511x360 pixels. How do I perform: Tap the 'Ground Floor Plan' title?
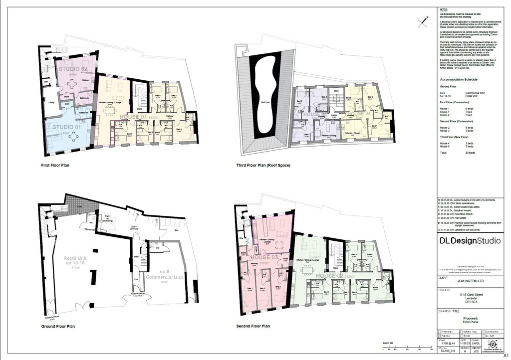coord(58,327)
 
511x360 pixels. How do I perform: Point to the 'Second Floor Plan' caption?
coord(253,326)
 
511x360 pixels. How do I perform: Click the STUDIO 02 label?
coord(73,69)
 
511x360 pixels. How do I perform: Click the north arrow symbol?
coord(424,20)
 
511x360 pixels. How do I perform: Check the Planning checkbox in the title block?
coord(439,336)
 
